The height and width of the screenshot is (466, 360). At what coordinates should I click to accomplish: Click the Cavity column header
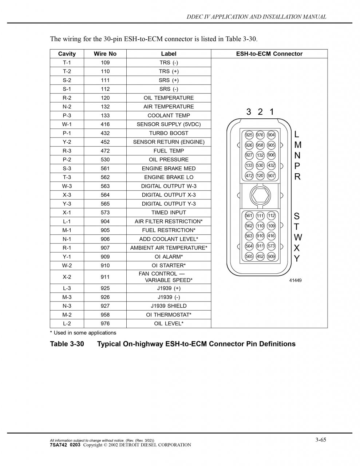(x=67, y=54)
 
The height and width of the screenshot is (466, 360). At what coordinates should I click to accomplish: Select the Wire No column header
(x=105, y=54)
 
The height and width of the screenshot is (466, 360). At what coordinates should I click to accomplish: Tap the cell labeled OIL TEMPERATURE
(x=169, y=98)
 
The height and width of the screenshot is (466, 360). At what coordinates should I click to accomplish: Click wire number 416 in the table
(x=105, y=124)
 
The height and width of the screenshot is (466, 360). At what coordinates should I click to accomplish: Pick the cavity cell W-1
(x=67, y=124)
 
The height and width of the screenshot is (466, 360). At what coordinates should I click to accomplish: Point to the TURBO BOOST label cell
(x=169, y=133)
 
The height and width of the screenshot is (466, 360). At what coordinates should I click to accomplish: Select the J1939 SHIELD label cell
(x=169, y=306)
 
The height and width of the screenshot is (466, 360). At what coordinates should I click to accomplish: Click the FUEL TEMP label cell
(x=169, y=151)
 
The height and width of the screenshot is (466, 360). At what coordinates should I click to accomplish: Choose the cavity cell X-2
(x=67, y=277)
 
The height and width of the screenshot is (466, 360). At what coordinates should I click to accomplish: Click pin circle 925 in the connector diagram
(x=249, y=135)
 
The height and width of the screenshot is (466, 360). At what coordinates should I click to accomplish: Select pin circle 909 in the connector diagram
(x=271, y=256)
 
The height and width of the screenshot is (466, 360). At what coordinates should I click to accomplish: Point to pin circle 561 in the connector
(x=249, y=216)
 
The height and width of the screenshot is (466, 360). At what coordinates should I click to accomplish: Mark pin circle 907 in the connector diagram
(x=271, y=175)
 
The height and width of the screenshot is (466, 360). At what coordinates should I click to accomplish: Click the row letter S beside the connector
(x=297, y=216)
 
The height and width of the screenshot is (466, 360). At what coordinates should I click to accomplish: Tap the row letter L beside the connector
(x=297, y=134)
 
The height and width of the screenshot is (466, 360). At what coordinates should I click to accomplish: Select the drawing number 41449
(x=295, y=281)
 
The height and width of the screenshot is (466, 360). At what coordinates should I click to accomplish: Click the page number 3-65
(x=320, y=440)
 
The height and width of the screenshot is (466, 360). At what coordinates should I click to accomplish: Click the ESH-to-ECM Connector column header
(x=269, y=54)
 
